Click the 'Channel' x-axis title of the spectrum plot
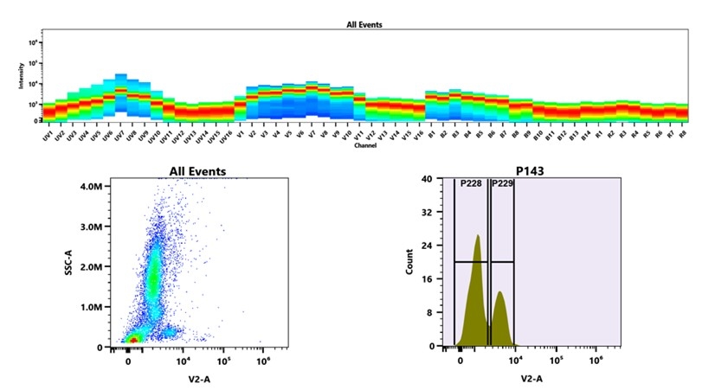coord(364,145)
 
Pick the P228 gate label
coord(471,183)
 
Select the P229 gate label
coord(502,183)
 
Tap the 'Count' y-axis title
coord(410,262)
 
